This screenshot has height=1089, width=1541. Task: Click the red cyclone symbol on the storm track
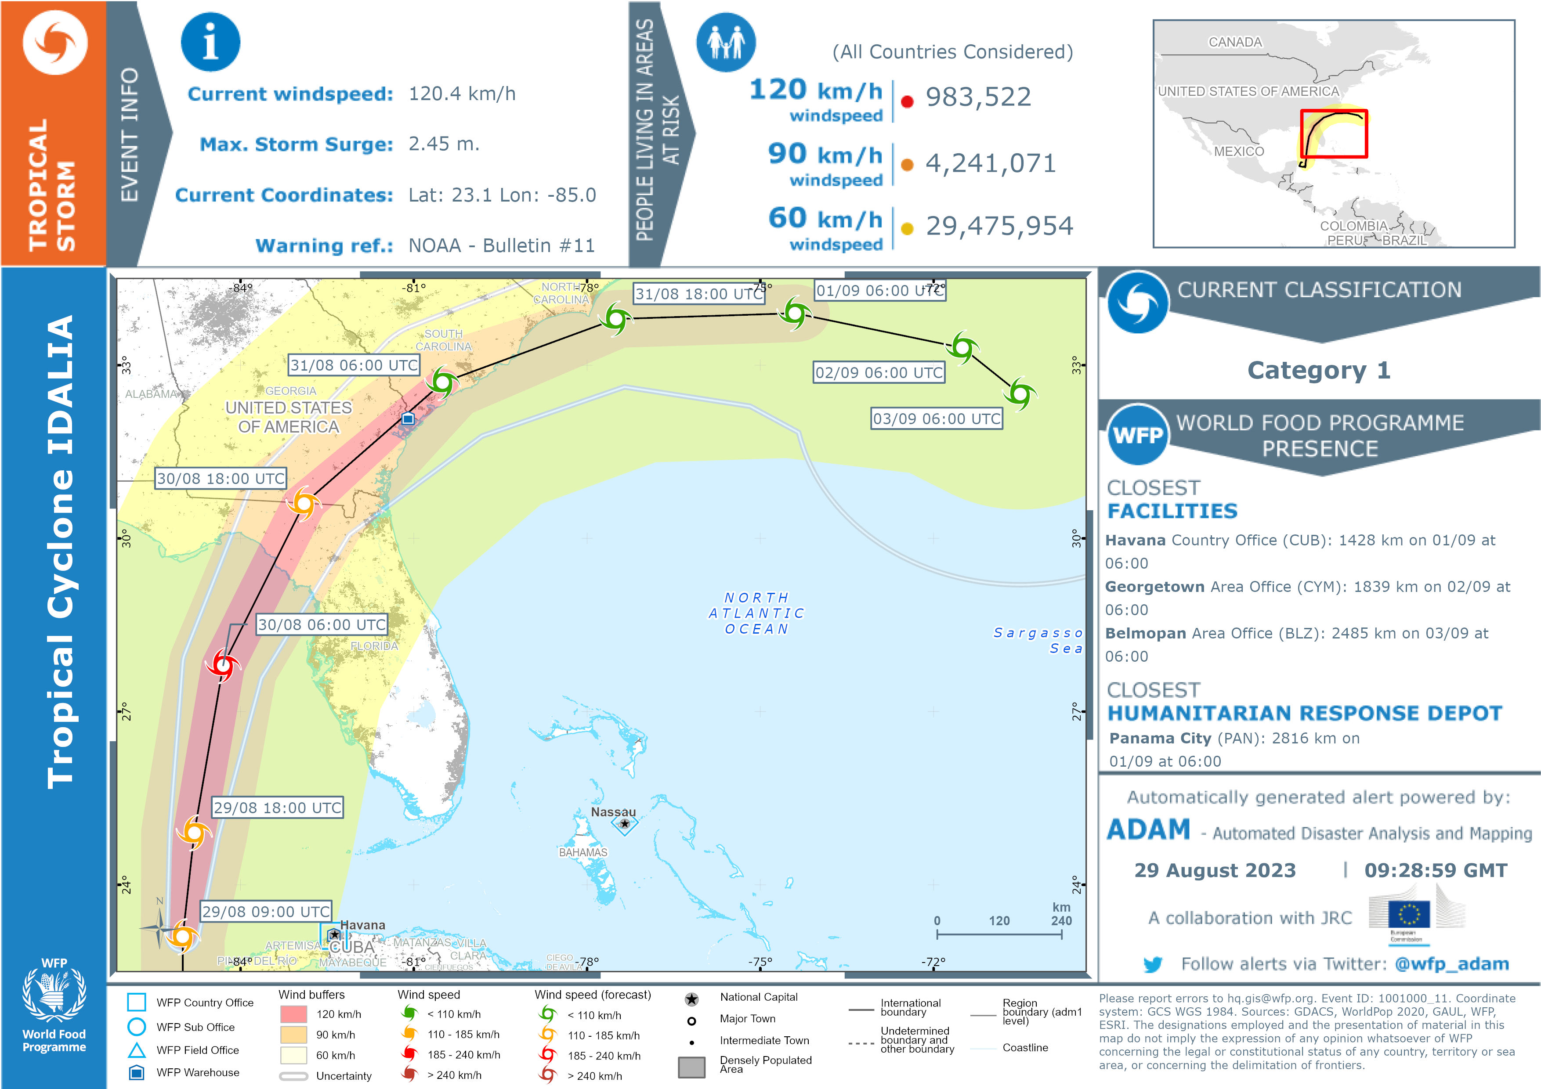222,665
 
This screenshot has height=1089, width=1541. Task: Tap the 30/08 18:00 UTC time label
221,478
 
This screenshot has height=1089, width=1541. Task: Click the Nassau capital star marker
625,823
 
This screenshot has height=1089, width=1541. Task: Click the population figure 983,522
978,97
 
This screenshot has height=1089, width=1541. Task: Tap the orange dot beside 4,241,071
907,164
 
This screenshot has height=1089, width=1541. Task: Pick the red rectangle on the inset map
1334,133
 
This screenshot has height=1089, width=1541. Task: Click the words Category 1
1318,370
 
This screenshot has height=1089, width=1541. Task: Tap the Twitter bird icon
1152,964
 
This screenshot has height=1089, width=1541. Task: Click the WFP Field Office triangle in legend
137,1050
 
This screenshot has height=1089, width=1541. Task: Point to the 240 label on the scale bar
1061,920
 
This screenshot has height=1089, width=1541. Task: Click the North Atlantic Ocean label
756,613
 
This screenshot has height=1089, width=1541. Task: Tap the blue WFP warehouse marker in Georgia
407,418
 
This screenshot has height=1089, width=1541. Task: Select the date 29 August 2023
1215,870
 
